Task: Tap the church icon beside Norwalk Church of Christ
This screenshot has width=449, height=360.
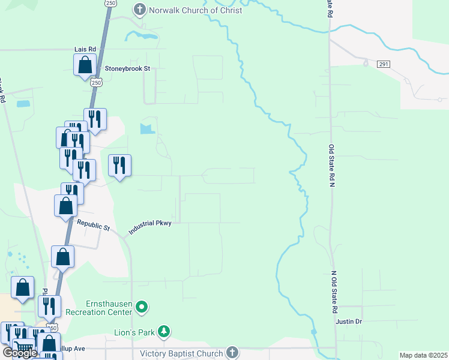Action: pos(140,10)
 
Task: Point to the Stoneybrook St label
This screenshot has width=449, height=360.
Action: pos(127,68)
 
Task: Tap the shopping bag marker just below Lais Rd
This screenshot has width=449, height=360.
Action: pos(85,64)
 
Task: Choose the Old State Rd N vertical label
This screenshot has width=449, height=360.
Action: pos(331,165)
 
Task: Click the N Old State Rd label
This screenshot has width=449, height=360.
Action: pos(334,292)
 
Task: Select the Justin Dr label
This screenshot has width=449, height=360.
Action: pos(349,322)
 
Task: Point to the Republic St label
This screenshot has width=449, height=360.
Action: pos(94,226)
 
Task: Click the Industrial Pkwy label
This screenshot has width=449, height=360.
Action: pos(150,227)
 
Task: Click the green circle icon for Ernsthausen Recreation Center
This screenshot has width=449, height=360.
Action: pos(142,308)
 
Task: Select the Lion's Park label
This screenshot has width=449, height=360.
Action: pos(134,332)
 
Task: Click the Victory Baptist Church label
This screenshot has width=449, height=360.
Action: pos(181,353)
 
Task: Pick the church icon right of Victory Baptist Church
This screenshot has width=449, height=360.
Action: pos(232,353)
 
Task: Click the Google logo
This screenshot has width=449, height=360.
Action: pos(19,353)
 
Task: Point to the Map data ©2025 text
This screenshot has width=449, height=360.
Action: pos(423,355)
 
